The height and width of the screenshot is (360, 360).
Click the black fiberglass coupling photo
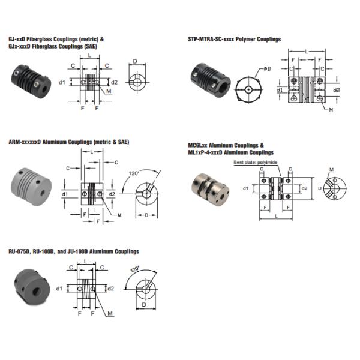coord(31,81)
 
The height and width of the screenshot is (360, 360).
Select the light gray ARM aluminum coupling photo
coord(31,187)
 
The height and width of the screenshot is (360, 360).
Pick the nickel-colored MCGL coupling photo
coord(211,190)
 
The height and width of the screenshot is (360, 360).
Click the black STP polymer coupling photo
coord(211,80)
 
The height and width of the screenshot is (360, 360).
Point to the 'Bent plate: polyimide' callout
coord(256,163)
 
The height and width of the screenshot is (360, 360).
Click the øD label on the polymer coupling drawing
coord(267,68)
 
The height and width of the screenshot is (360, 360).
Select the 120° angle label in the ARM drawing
coord(134,173)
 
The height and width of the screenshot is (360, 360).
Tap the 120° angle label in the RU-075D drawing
coord(135,269)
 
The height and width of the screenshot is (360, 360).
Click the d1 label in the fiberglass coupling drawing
coord(62,82)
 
